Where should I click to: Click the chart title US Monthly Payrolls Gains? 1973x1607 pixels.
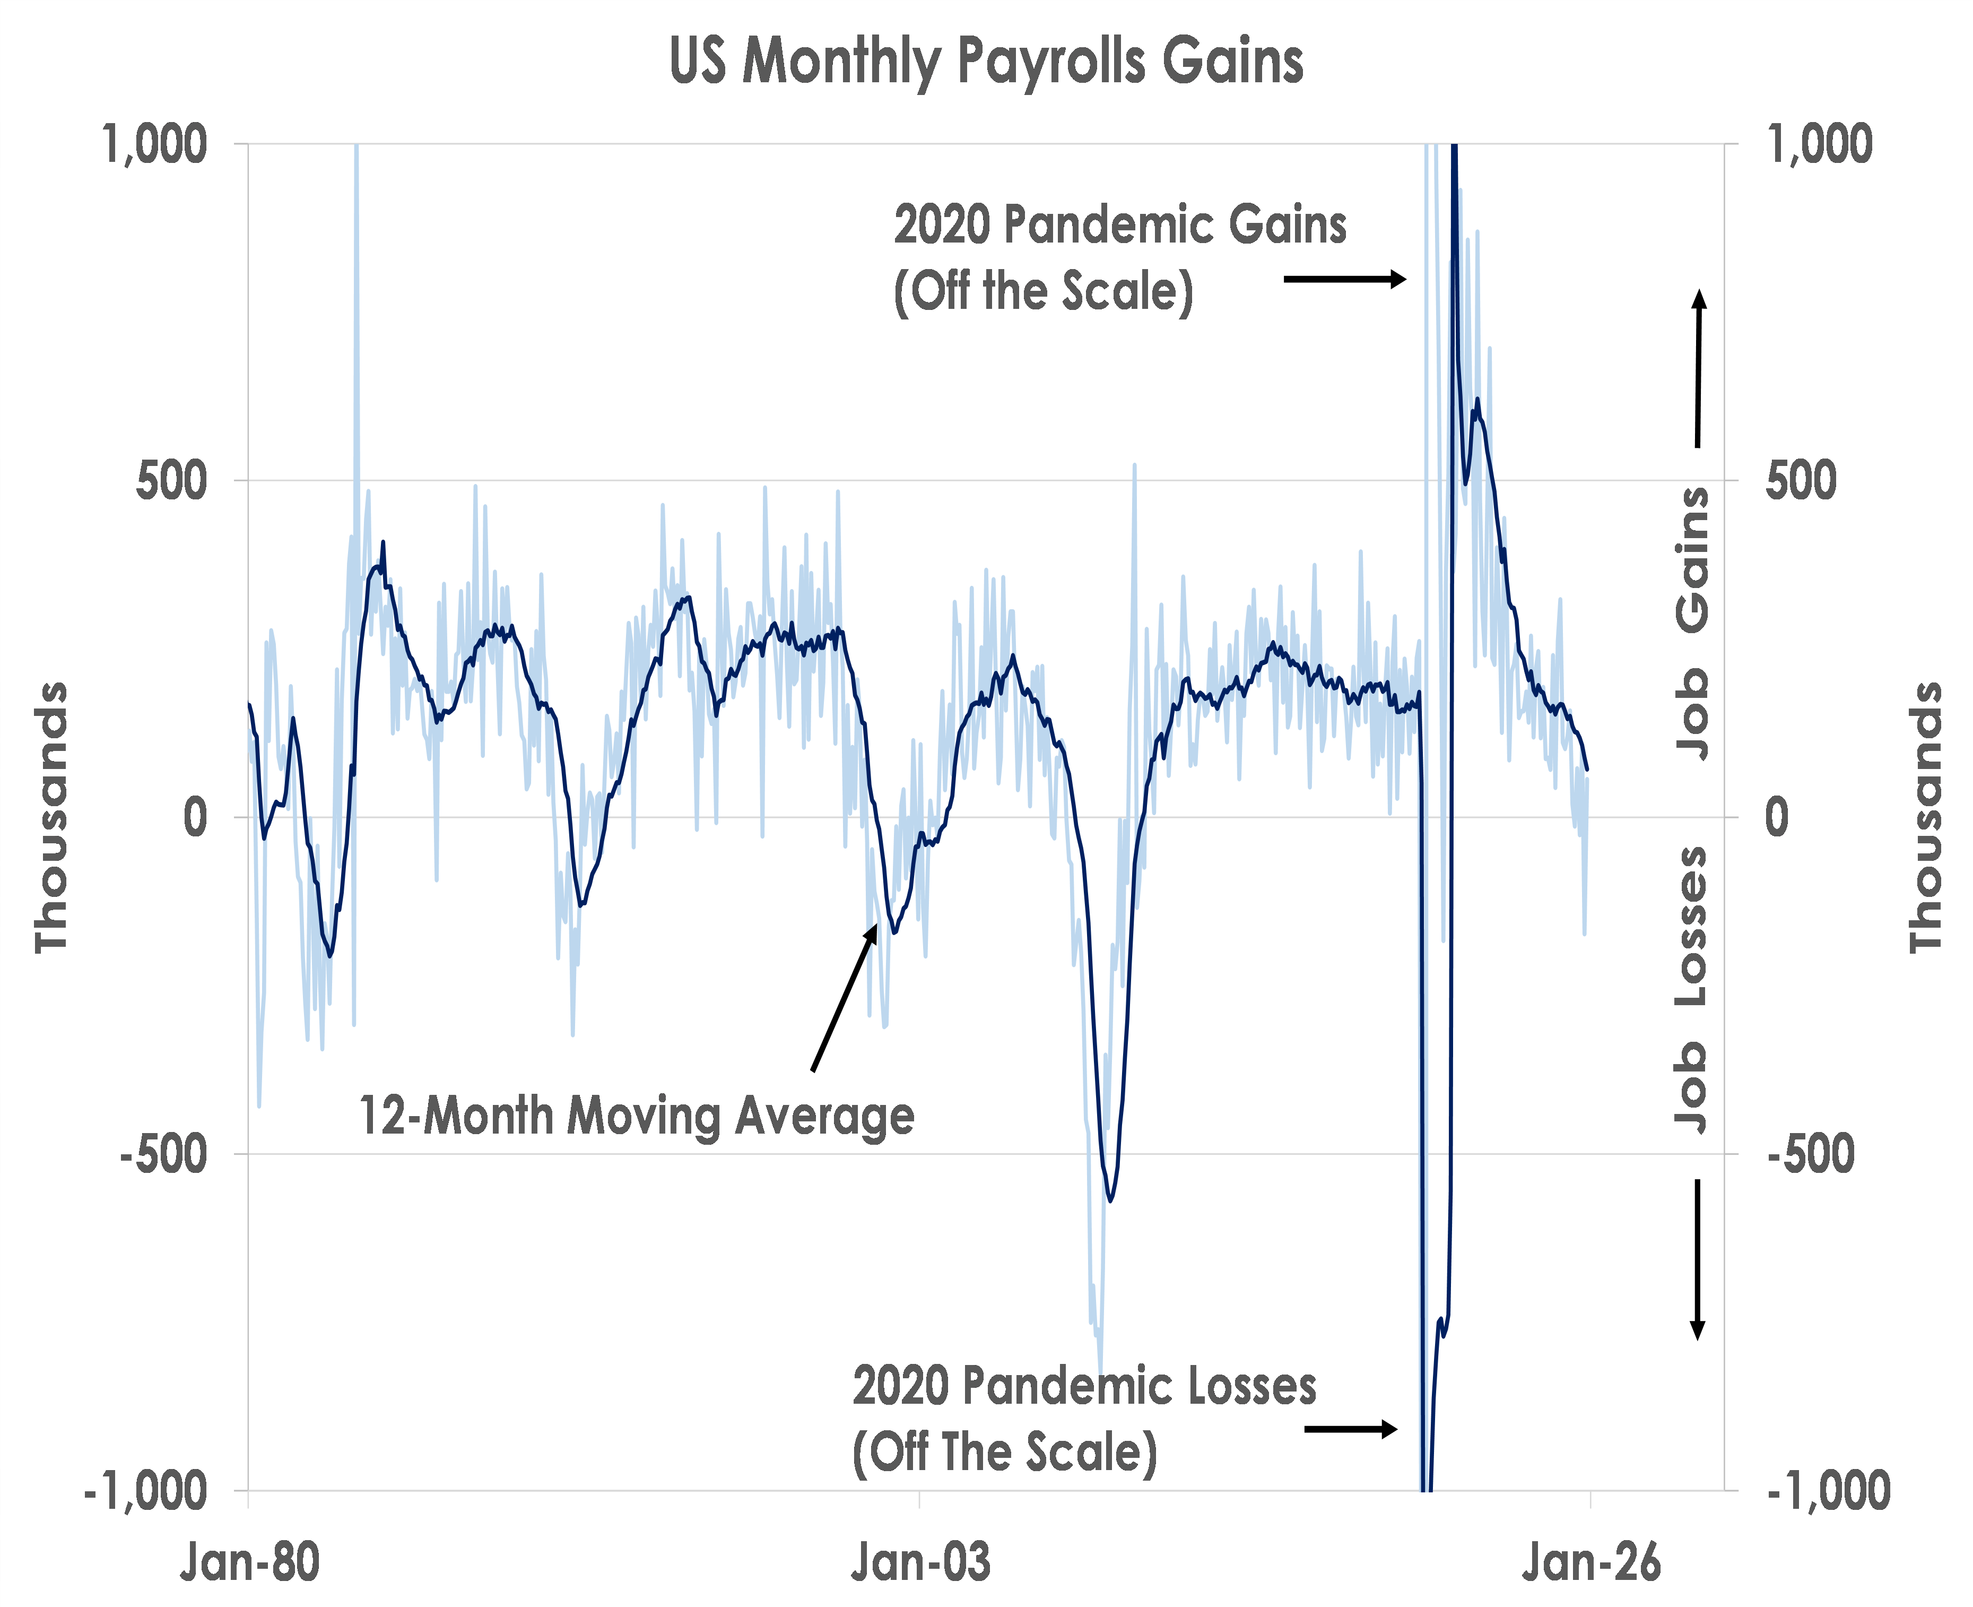coord(987,61)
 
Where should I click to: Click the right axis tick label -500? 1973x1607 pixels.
coord(1810,1154)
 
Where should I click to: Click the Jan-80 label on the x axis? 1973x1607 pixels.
coord(250,1562)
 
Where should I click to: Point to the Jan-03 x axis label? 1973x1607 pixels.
coord(920,1562)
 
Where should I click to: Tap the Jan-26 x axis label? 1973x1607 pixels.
coord(1591,1562)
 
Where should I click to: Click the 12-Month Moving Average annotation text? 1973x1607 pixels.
coord(637,1116)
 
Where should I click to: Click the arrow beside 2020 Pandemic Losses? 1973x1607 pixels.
coord(1350,1429)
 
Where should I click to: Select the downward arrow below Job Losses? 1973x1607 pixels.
coord(1697,1259)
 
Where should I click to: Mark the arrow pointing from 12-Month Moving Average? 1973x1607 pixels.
coord(844,998)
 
